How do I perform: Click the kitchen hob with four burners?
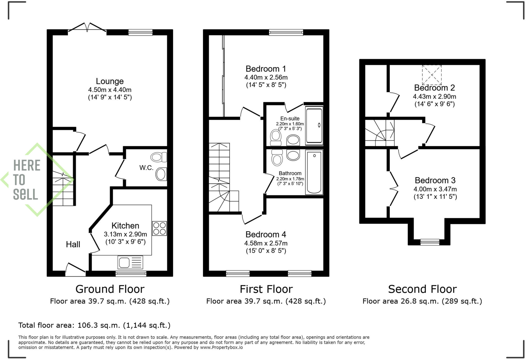(x=159, y=228)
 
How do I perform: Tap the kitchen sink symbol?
(x=130, y=262)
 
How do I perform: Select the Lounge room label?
(x=110, y=81)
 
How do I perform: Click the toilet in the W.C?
(x=159, y=157)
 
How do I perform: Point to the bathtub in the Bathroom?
(x=314, y=172)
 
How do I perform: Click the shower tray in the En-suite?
(x=314, y=125)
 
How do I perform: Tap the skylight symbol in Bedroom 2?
(x=432, y=75)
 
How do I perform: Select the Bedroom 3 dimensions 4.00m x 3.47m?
(x=435, y=189)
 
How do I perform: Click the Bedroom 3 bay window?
(x=429, y=242)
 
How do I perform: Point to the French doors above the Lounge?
(x=87, y=28)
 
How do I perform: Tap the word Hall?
(x=73, y=244)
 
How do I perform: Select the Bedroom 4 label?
(x=266, y=234)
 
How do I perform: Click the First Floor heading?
(x=266, y=289)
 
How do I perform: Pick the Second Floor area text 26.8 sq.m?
(x=422, y=301)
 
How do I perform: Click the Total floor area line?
(x=94, y=325)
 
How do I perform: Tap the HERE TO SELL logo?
(x=27, y=179)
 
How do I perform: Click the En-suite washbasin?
(x=293, y=141)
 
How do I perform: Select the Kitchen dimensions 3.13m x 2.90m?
(x=125, y=234)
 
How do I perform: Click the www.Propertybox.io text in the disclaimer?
(x=221, y=347)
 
